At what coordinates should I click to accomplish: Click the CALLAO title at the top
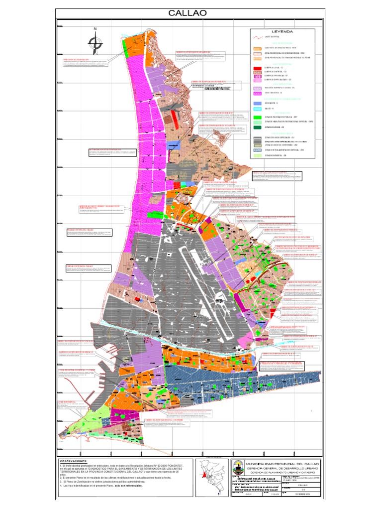(191, 13)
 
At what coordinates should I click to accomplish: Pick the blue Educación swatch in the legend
(257, 103)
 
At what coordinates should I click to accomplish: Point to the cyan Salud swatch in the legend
(257, 108)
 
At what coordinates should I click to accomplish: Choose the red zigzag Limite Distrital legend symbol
(257, 37)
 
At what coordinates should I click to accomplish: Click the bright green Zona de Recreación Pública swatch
(257, 117)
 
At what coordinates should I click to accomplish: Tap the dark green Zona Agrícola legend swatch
(257, 127)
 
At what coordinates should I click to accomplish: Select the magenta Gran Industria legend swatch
(257, 93)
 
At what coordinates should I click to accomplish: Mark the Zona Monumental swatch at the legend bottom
(257, 155)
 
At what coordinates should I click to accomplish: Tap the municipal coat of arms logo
(239, 469)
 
